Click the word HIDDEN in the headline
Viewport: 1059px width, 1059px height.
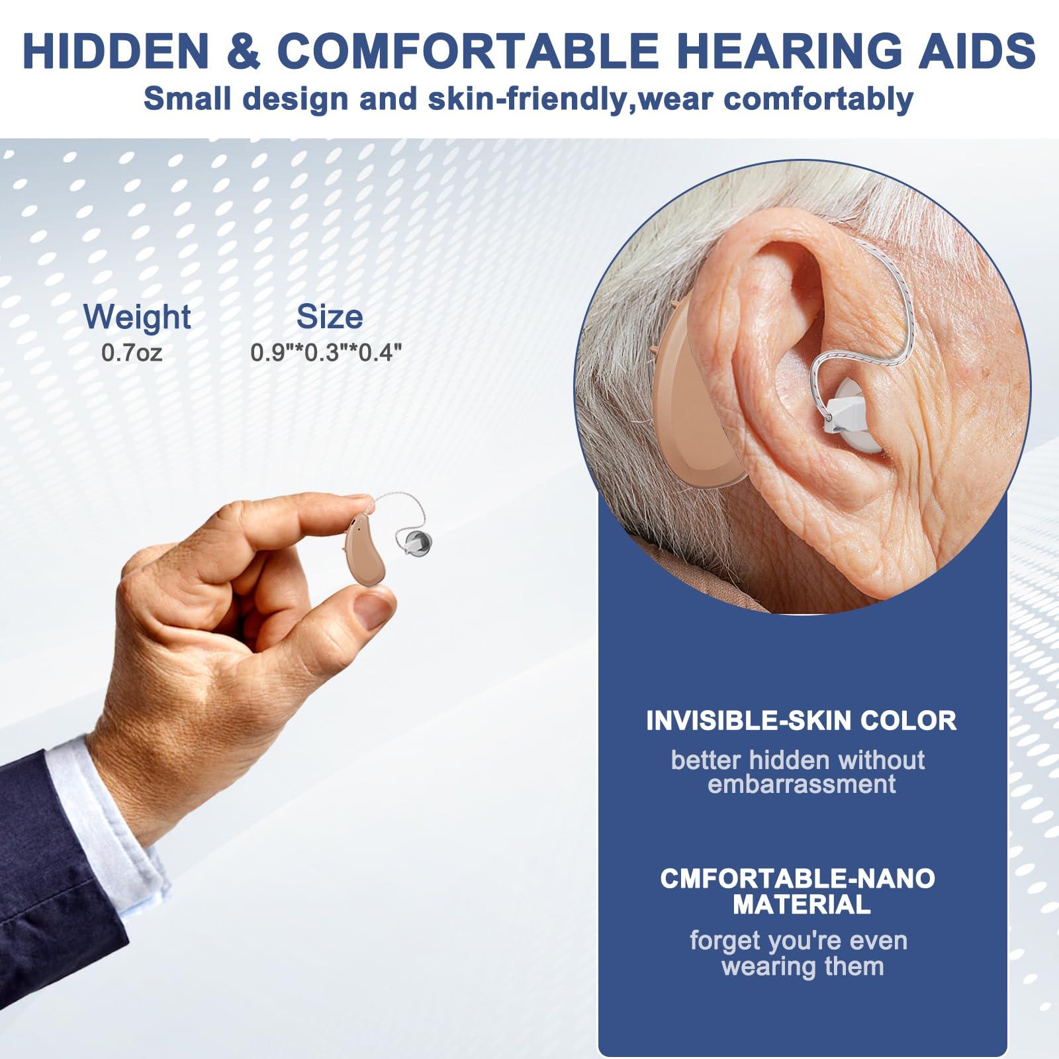115,51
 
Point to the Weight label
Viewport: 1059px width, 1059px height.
137,316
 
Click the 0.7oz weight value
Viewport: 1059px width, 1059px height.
132,352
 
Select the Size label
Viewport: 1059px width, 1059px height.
329,316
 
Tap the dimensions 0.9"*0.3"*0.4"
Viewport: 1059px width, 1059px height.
326,352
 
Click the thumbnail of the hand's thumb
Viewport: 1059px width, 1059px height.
373,610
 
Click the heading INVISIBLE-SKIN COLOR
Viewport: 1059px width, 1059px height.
801,721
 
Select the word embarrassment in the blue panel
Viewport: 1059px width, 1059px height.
801,784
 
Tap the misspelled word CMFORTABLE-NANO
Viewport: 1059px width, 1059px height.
798,879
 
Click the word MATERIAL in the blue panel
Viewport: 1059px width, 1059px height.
801,905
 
